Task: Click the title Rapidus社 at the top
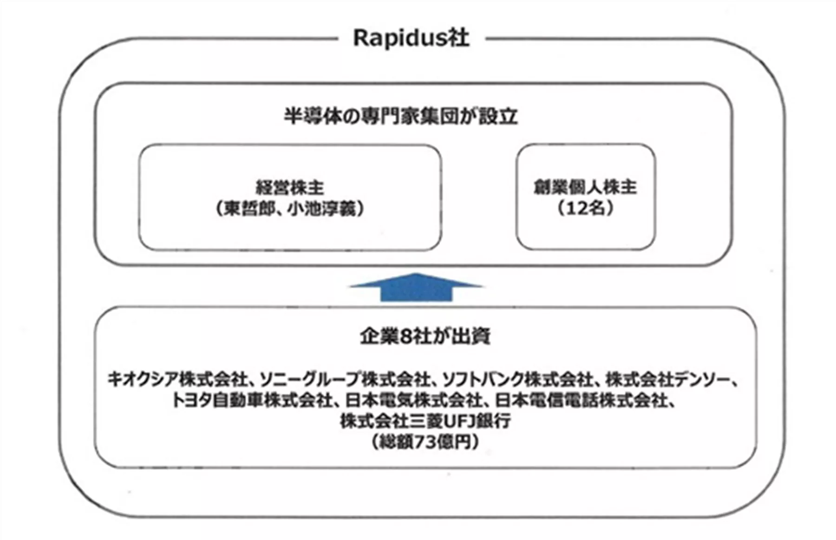tap(411, 38)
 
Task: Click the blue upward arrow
tap(416, 288)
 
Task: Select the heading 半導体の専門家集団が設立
tap(401, 116)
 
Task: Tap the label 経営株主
tap(290, 188)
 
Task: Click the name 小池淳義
tap(324, 209)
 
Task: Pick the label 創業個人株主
tap(585, 187)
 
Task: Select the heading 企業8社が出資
tap(425, 336)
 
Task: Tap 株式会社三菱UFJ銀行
tap(425, 421)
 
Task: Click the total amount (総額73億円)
tap(425, 441)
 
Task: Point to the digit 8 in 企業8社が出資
tap(406, 336)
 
